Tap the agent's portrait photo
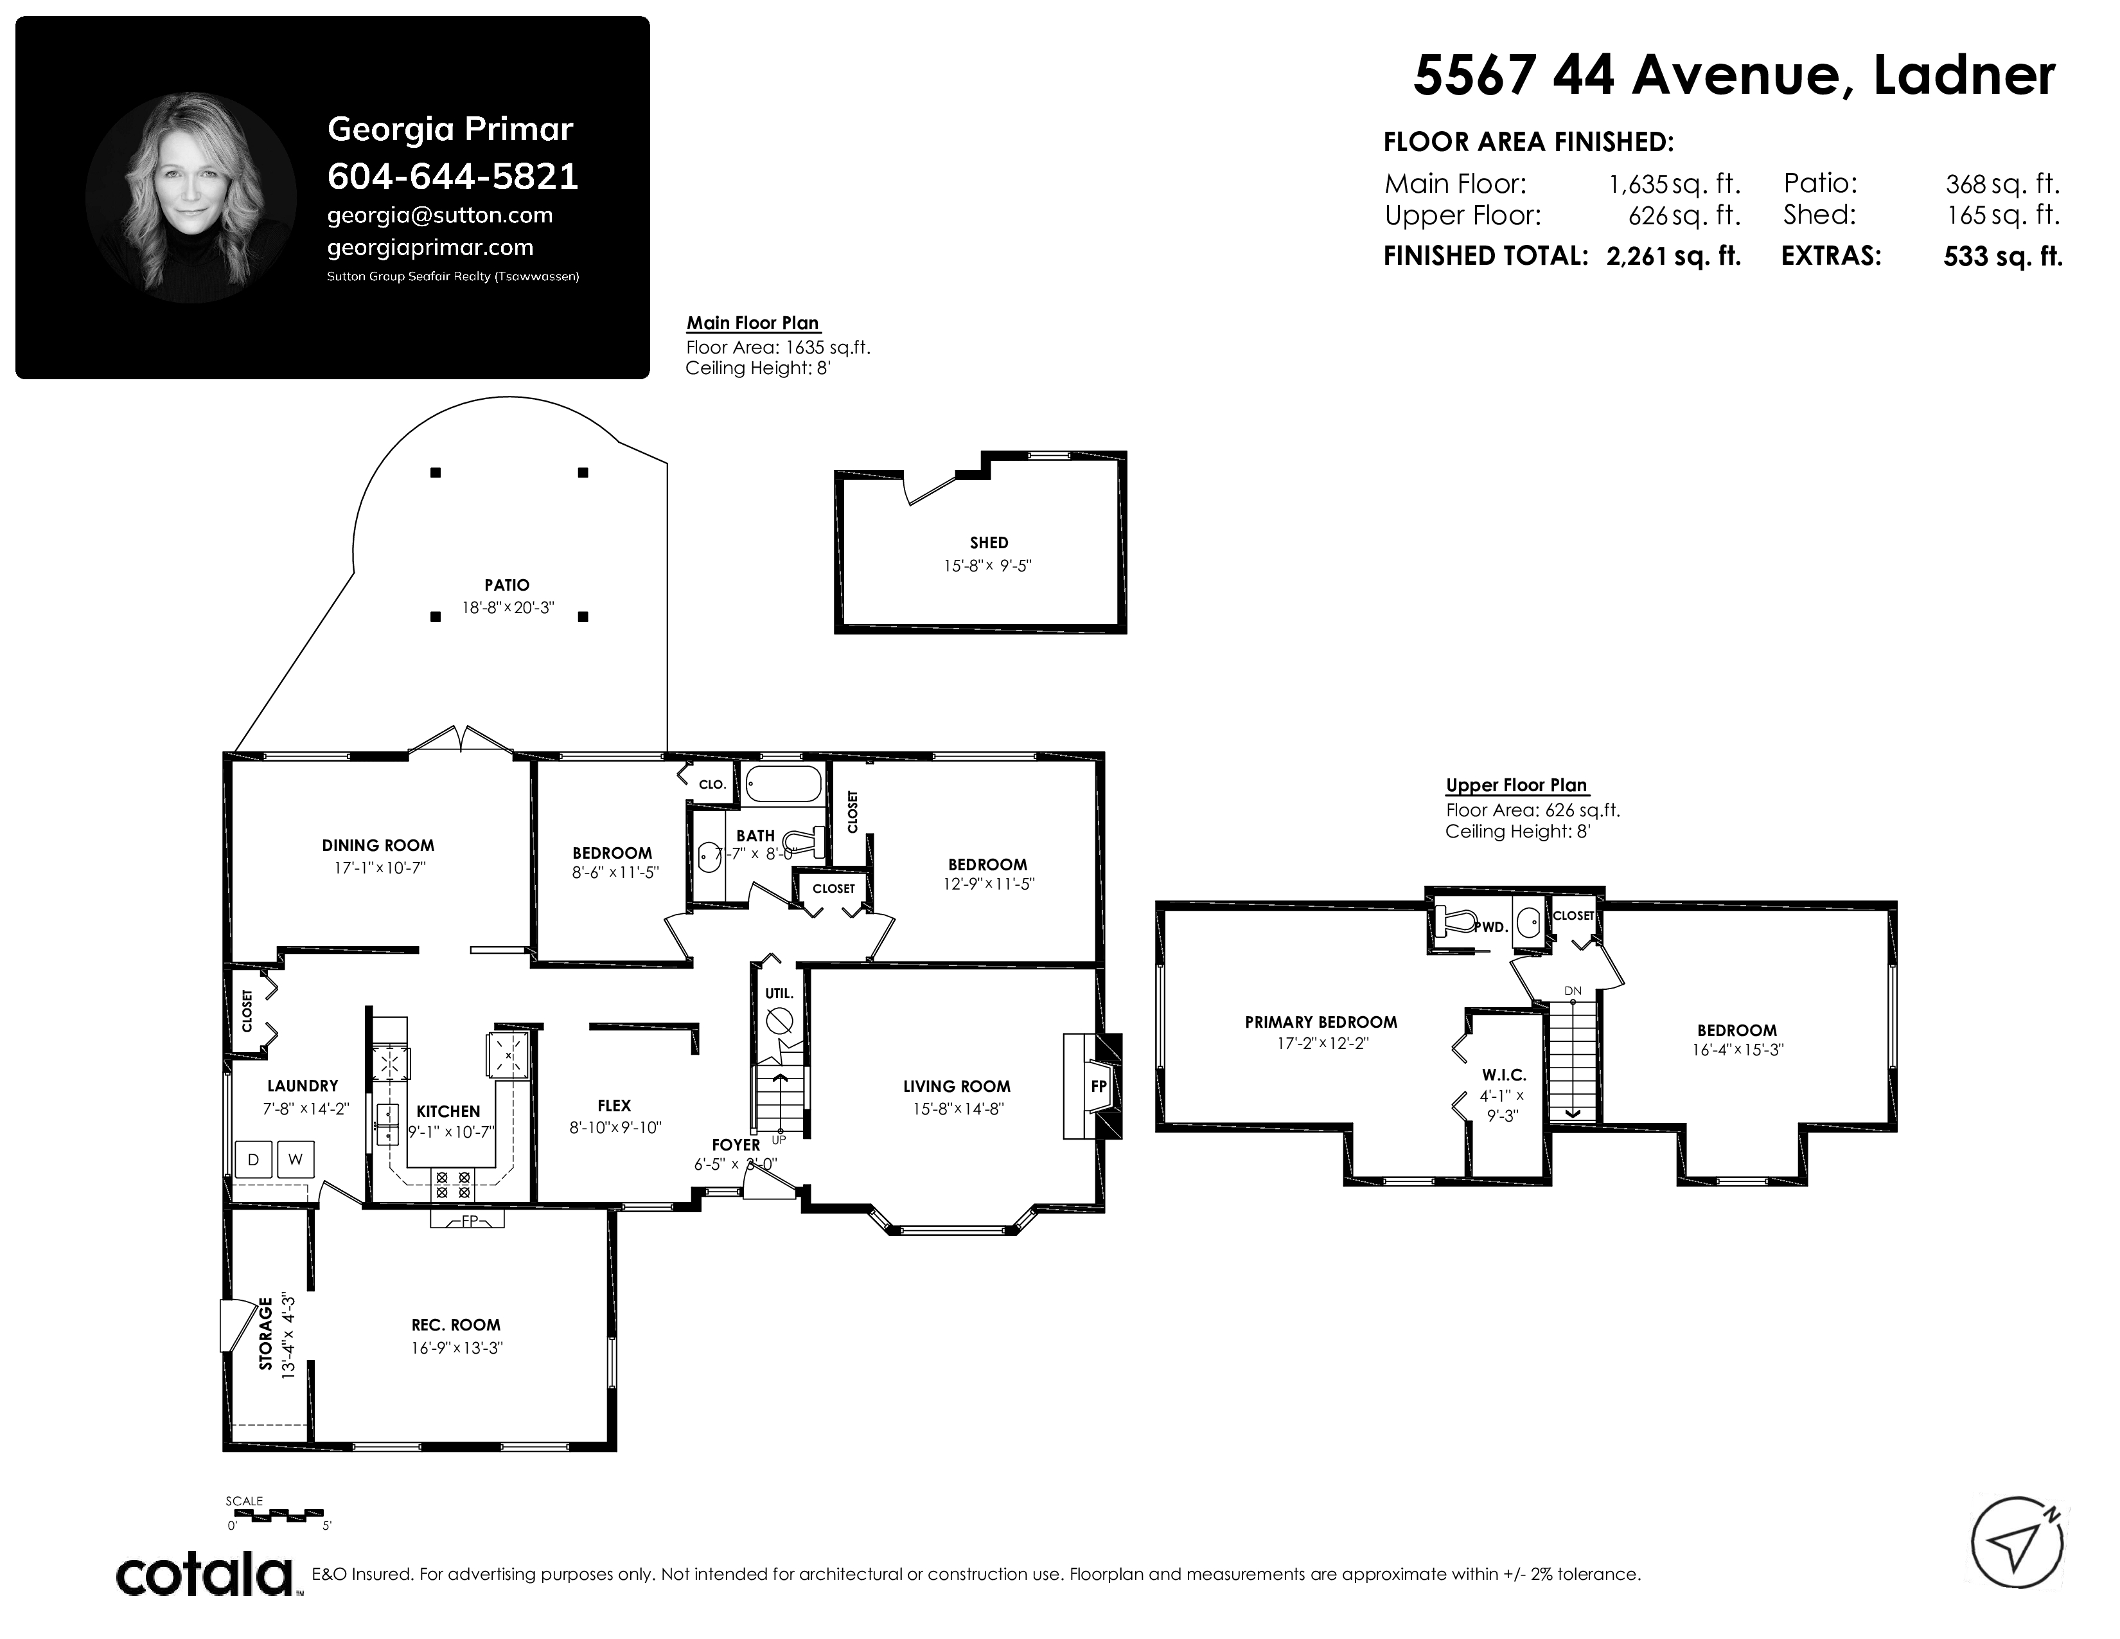pyautogui.click(x=191, y=198)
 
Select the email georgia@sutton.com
pyautogui.click(x=439, y=215)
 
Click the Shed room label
pyautogui.click(x=988, y=542)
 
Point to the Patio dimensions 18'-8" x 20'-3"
pyautogui.click(x=507, y=609)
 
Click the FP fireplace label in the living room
pyautogui.click(x=1098, y=1086)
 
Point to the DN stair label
pyautogui.click(x=1573, y=990)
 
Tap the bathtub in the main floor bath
pyautogui.click(x=783, y=783)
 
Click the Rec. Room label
pyautogui.click(x=455, y=1325)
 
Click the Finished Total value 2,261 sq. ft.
pyautogui.click(x=1674, y=256)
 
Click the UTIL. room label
pyautogui.click(x=779, y=993)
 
